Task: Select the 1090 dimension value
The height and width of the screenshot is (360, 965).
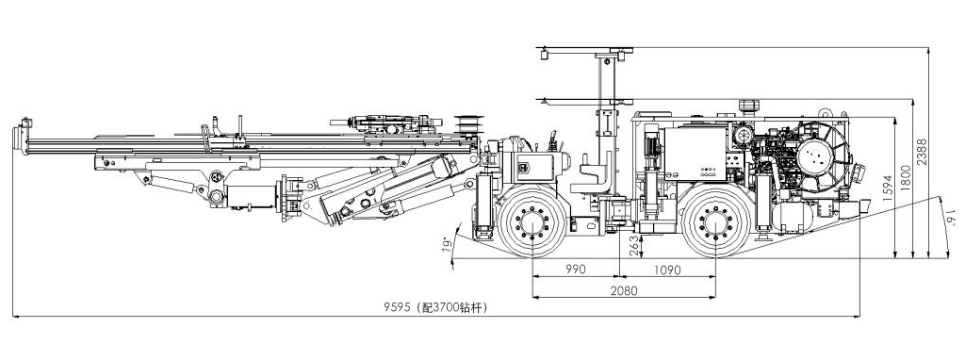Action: [666, 270]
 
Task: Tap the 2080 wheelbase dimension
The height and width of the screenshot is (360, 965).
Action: [624, 290]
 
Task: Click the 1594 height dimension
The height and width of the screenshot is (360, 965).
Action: [887, 189]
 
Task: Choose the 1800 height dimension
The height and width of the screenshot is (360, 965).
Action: [904, 178]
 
